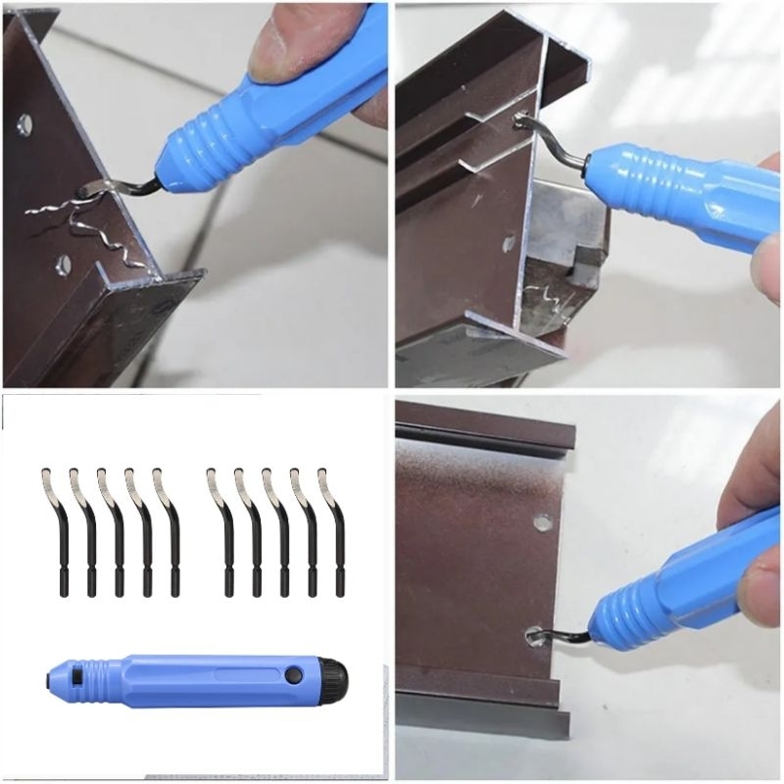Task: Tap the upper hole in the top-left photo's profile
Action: click(24, 124)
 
